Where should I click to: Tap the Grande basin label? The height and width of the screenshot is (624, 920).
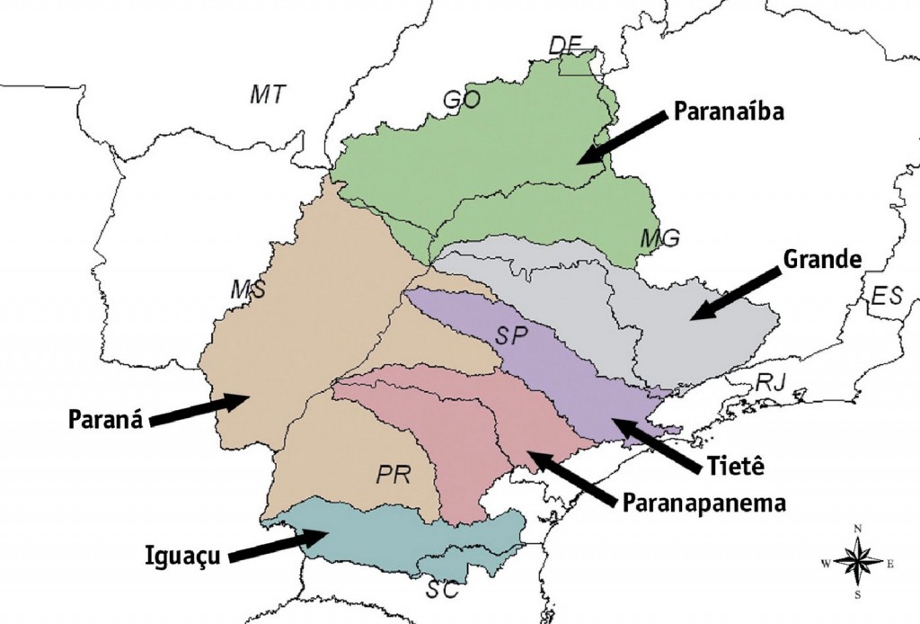tap(822, 260)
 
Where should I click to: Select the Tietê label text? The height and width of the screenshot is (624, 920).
tap(735, 467)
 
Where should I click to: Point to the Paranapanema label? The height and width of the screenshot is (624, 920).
tap(703, 502)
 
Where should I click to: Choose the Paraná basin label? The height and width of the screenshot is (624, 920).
tap(106, 420)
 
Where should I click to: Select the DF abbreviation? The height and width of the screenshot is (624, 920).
tap(566, 45)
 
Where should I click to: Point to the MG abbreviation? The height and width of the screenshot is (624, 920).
tap(660, 238)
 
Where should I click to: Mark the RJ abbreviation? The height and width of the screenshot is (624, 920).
tap(770, 381)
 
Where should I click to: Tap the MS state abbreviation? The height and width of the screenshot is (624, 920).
tap(247, 290)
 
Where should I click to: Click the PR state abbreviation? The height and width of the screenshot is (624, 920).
tap(393, 475)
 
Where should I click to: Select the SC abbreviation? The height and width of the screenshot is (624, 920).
tap(442, 591)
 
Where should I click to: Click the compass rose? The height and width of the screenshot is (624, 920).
tap(857, 561)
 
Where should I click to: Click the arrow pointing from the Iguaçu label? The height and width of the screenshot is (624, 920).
tap(279, 545)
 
